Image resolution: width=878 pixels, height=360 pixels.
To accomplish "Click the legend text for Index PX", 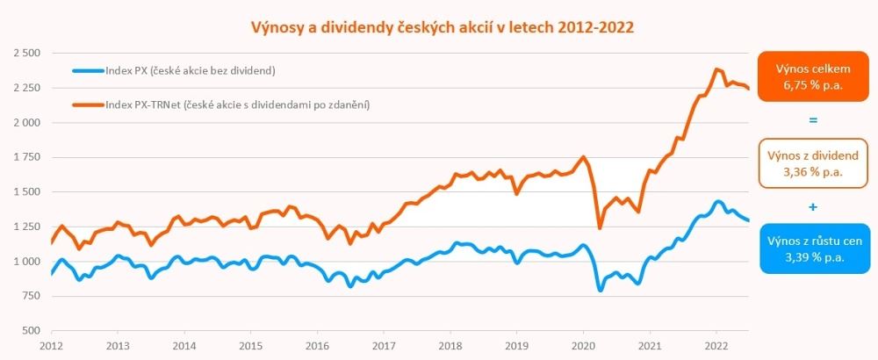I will pos(191,70).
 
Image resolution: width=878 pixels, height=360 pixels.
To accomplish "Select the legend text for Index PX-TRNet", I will pos(235,104).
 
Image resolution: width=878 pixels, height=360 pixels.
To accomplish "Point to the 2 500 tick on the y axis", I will pos(27,54).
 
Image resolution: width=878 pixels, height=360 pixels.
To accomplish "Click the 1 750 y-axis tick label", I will pos(27,157).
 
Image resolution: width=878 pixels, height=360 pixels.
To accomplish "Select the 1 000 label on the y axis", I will pos(27,262).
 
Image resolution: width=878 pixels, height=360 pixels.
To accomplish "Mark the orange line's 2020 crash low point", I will pos(600,228).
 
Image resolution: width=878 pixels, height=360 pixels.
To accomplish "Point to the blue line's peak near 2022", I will pos(717,202).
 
